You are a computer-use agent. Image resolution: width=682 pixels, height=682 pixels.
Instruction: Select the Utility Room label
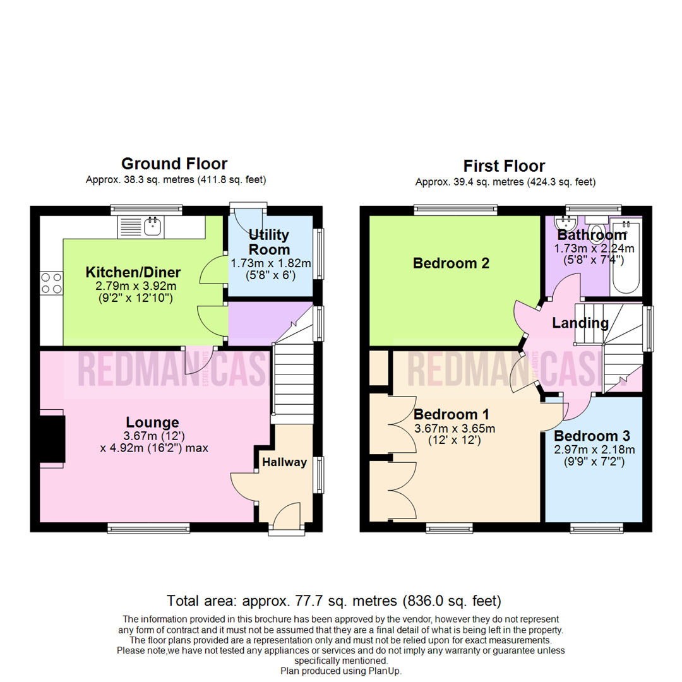(269, 242)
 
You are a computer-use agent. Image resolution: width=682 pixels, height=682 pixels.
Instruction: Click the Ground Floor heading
(174, 164)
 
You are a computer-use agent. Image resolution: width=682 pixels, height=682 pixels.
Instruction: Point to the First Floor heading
(504, 166)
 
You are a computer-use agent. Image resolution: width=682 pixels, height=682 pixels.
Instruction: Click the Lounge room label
(152, 422)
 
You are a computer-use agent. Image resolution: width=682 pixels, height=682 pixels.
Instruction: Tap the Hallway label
(285, 462)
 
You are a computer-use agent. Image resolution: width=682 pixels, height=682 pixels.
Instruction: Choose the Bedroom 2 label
(451, 263)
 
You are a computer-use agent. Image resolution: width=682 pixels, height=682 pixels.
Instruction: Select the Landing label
(580, 323)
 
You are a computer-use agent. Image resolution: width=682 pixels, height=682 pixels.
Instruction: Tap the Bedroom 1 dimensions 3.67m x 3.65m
(454, 429)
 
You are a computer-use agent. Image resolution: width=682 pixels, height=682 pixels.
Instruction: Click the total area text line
(333, 600)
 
